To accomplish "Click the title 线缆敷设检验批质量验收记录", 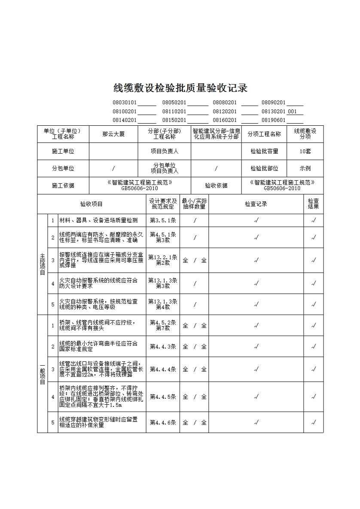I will click(x=180, y=88).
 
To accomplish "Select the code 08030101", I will click(x=125, y=103).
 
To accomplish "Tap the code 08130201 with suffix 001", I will click(x=279, y=112).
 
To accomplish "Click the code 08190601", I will click(x=274, y=121).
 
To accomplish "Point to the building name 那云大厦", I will click(x=113, y=134).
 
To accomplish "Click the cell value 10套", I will click(x=305, y=151).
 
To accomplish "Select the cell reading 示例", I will click(x=305, y=168).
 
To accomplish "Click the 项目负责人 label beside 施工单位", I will click(x=164, y=151).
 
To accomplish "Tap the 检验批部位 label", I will click(x=264, y=168).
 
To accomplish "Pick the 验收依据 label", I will click(x=216, y=185).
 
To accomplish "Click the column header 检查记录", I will click(x=256, y=204).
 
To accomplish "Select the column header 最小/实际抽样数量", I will click(x=194, y=204).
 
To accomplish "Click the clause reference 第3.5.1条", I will click(x=163, y=221).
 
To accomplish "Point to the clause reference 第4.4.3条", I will click(x=163, y=346).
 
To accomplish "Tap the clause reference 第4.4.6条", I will click(x=163, y=422).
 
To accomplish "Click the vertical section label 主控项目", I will click(x=42, y=264).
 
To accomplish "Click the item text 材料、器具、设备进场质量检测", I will click(x=98, y=221).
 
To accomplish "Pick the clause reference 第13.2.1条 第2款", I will click(x=163, y=260).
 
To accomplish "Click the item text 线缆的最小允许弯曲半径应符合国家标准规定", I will click(x=98, y=346).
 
